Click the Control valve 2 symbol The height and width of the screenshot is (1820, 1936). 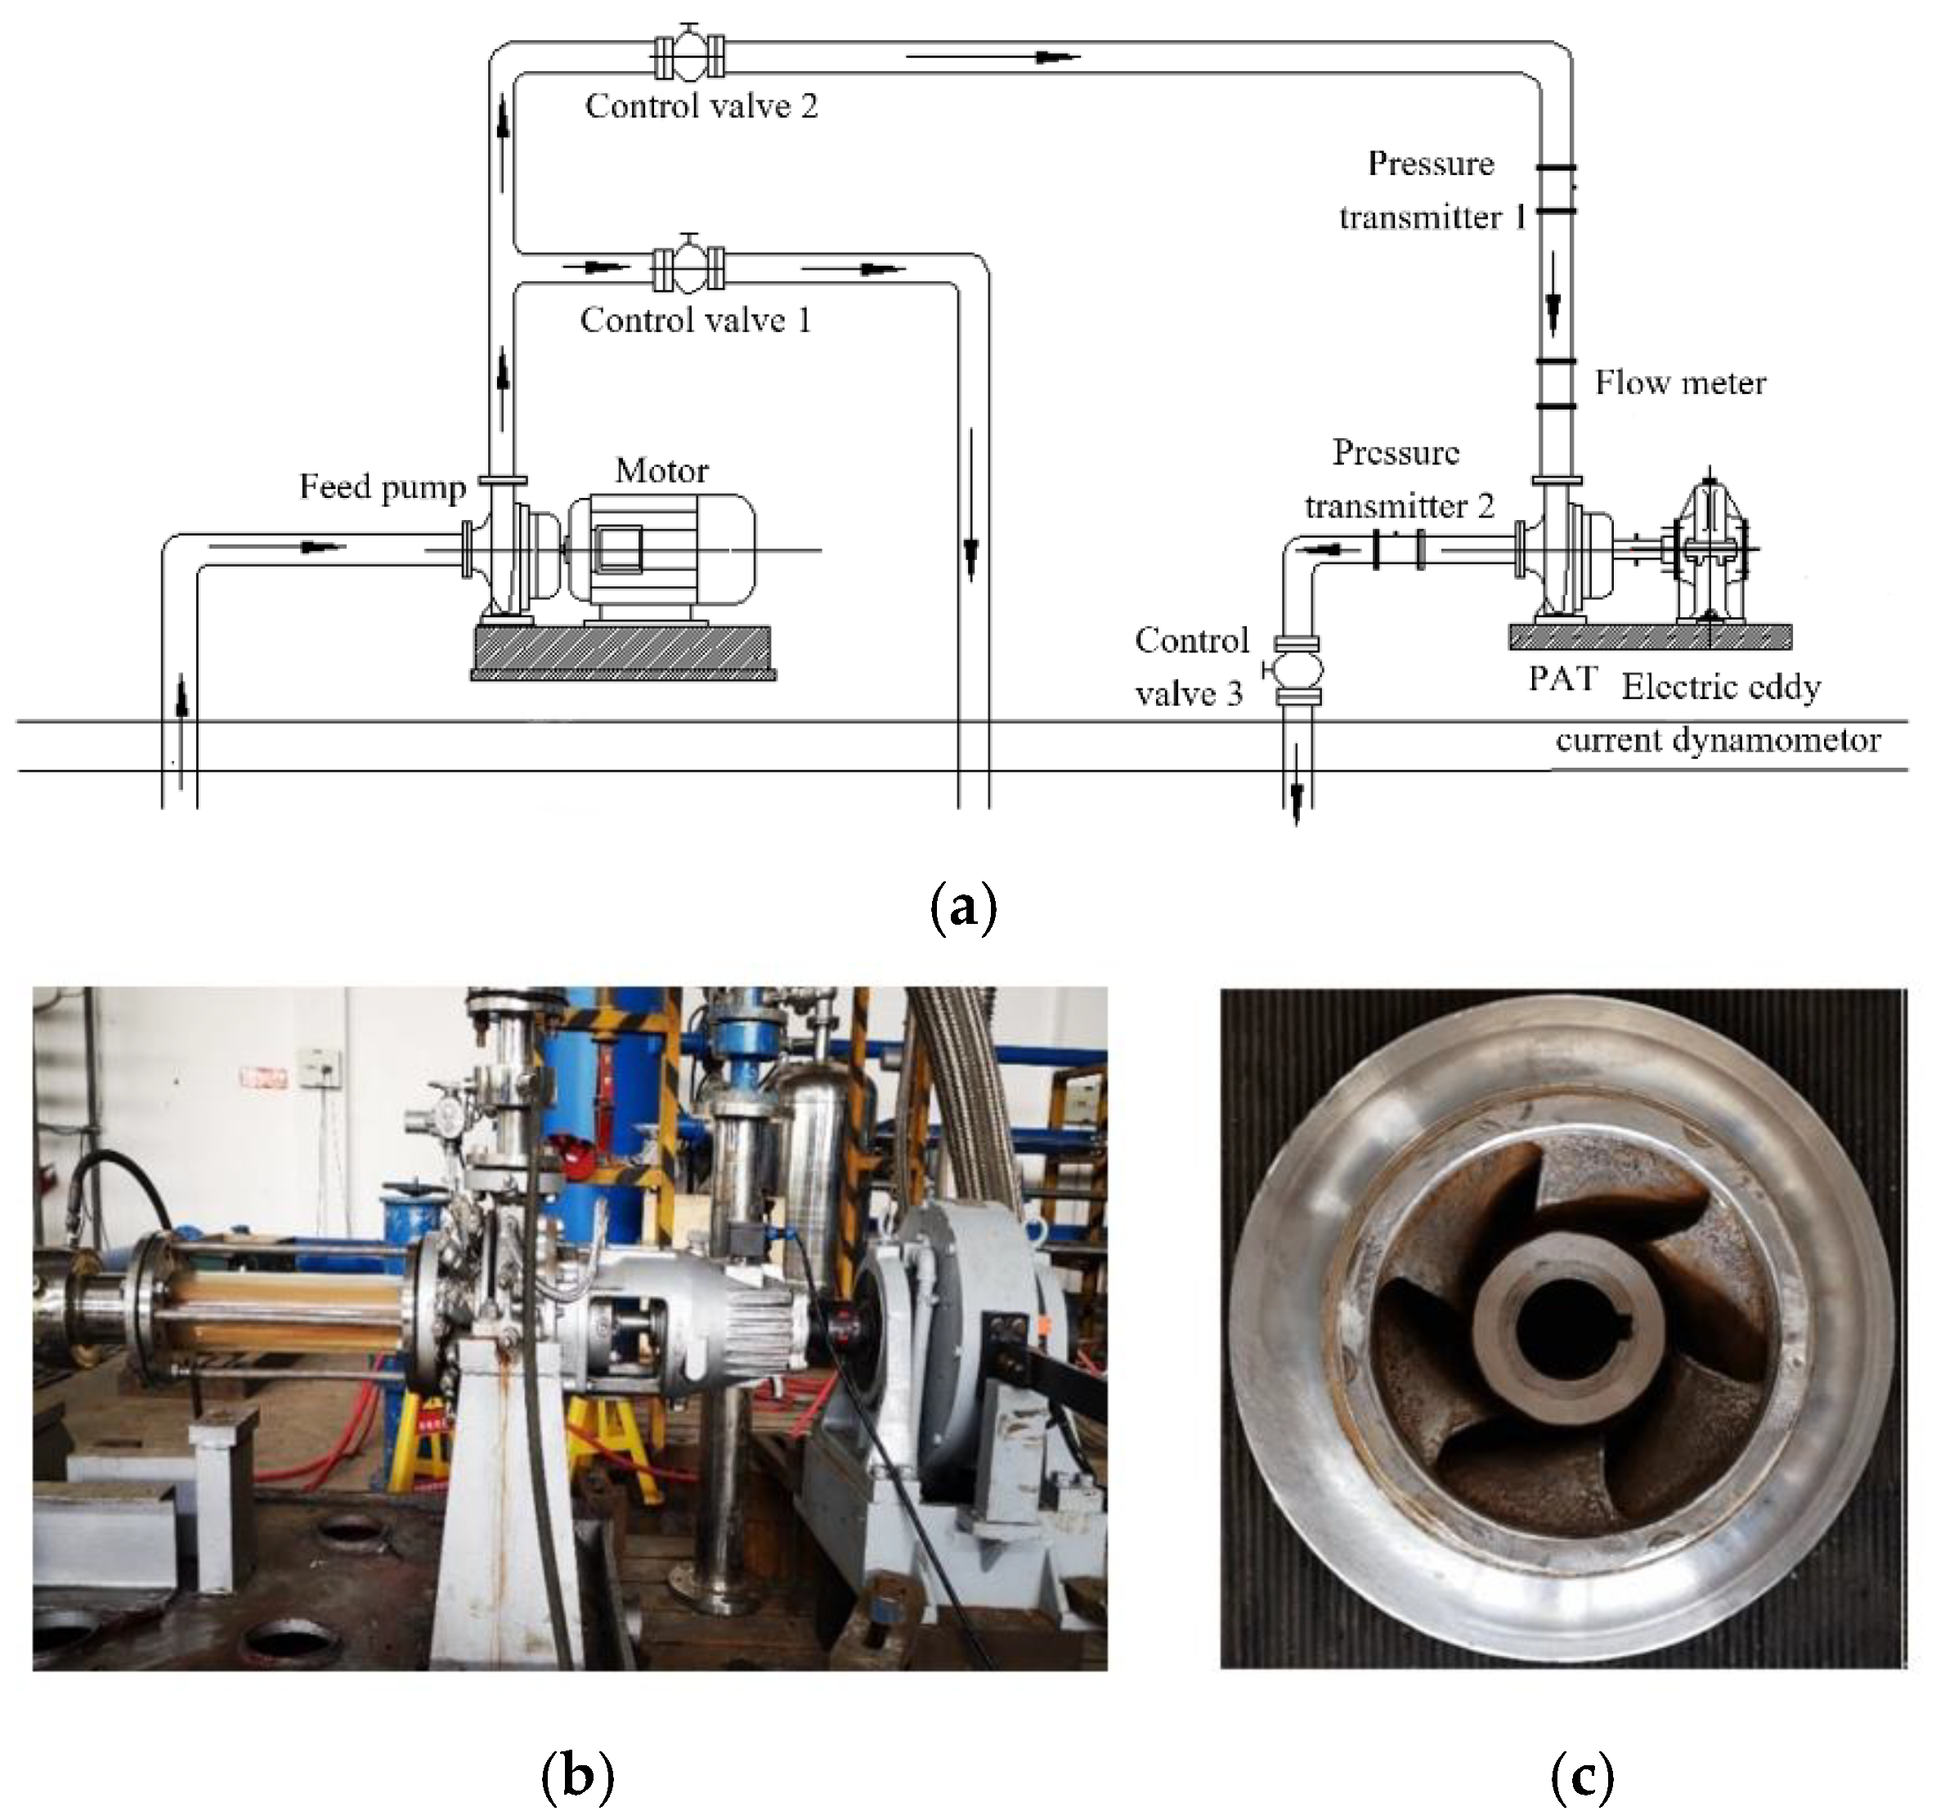click(689, 56)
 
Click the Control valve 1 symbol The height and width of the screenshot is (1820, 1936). click(689, 268)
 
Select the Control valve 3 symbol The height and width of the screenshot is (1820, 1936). click(1296, 669)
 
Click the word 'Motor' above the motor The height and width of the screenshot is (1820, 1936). click(661, 470)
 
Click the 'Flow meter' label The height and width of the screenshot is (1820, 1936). click(1679, 383)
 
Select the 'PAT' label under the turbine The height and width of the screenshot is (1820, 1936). click(1562, 678)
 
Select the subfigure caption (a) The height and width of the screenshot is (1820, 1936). click(963, 908)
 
